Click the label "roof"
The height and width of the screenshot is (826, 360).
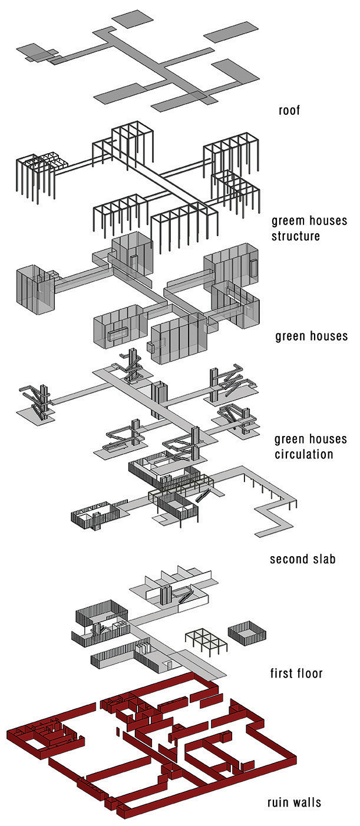click(289, 110)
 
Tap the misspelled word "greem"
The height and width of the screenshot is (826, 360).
click(289, 222)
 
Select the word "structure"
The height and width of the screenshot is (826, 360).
click(296, 236)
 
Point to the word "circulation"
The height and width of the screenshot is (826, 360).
click(304, 454)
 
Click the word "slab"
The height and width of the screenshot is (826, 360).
click(322, 559)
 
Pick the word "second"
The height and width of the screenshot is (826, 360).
click(288, 559)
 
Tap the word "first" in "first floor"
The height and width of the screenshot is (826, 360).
click(281, 673)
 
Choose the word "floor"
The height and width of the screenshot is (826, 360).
click(309, 673)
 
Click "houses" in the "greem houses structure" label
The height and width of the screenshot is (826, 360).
click(328, 220)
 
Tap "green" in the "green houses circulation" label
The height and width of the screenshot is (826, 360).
click(290, 440)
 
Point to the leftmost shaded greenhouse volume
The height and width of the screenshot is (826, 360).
click(36, 289)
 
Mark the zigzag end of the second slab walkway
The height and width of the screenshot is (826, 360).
click(275, 517)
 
